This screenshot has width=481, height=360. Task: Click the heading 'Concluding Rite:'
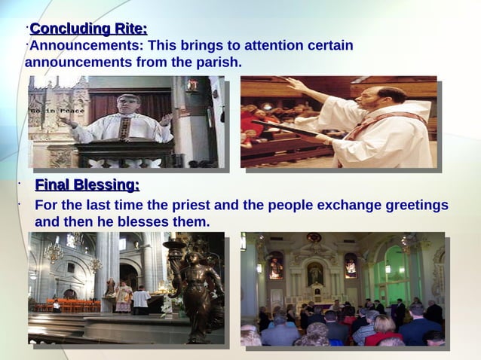88,29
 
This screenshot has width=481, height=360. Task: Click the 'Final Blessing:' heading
87,185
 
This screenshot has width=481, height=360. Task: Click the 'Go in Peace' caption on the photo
46,110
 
